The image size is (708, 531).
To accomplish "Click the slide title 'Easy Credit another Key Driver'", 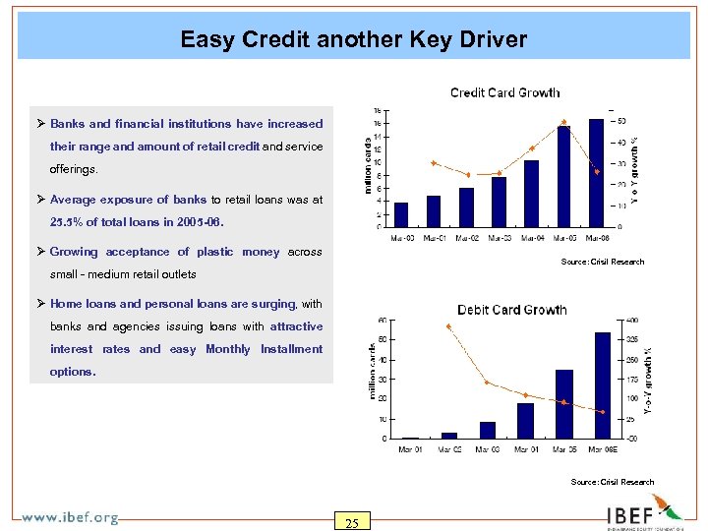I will [x=353, y=40].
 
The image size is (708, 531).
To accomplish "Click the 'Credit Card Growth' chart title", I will [x=504, y=92].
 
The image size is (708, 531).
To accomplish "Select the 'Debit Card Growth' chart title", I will [x=511, y=310].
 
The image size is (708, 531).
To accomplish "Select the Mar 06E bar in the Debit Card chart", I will [x=603, y=384].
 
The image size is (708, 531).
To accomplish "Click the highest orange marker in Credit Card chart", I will [x=563, y=122].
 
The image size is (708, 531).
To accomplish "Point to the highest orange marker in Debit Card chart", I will [x=448, y=326].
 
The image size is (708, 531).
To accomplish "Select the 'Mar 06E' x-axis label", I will [x=603, y=449].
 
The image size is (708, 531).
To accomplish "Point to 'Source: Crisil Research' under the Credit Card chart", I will [x=602, y=262].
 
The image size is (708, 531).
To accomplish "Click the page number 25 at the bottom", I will [x=351, y=522].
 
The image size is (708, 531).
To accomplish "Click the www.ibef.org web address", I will [x=70, y=517].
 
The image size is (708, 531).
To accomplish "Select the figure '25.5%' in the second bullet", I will [x=67, y=222].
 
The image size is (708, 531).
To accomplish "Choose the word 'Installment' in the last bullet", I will [x=291, y=349].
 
